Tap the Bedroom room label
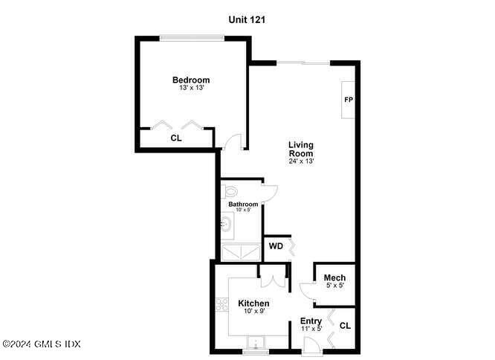191,80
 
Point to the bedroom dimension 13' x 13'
191,89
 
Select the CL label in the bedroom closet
176,138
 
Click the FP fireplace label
348,100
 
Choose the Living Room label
301,149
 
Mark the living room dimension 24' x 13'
301,161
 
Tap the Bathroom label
243,205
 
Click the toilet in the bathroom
227,192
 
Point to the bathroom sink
226,221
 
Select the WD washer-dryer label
276,246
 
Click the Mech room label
334,278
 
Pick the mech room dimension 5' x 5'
334,286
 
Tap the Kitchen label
253,303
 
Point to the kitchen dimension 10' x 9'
253,312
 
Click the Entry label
311,321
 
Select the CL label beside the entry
345,326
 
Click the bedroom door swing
233,141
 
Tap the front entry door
311,343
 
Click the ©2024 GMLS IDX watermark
41,344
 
